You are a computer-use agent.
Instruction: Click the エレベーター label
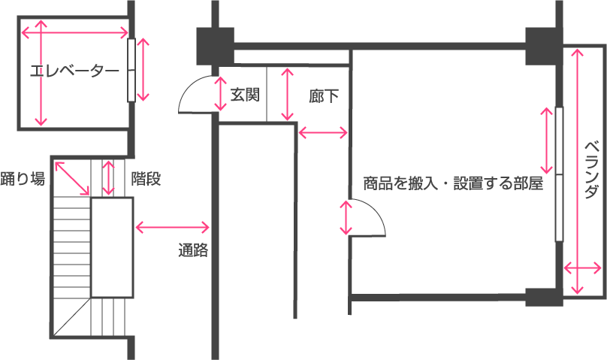pyautogui.click(x=74, y=72)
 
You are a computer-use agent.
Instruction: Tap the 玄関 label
pyautogui.click(x=245, y=95)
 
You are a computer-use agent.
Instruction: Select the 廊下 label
pyautogui.click(x=323, y=96)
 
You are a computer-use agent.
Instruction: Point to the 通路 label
pyautogui.click(x=193, y=251)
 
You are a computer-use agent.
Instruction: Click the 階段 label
pyautogui.click(x=146, y=179)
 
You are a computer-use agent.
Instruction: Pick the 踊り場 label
pyautogui.click(x=23, y=179)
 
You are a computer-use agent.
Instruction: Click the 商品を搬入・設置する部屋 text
pyautogui.click(x=452, y=183)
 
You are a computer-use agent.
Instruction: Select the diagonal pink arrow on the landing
pyautogui.click(x=73, y=177)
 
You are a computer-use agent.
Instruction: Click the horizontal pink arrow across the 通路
pyautogui.click(x=172, y=226)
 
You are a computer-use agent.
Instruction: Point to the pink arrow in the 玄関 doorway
pyautogui.click(x=219, y=94)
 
